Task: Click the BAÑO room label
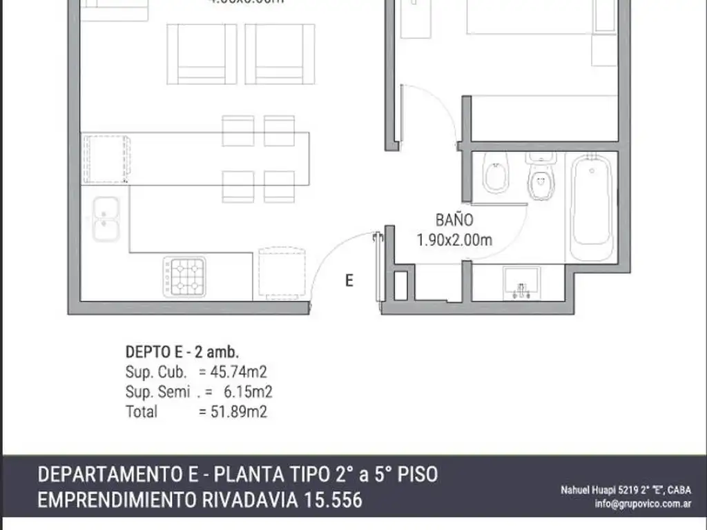point(454,221)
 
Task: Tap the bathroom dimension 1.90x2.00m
point(454,240)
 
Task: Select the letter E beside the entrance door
point(349,280)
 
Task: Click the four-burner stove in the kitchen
point(185,276)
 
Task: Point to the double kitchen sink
point(106,219)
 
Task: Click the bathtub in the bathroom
point(592,207)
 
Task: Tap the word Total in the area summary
point(142,412)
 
